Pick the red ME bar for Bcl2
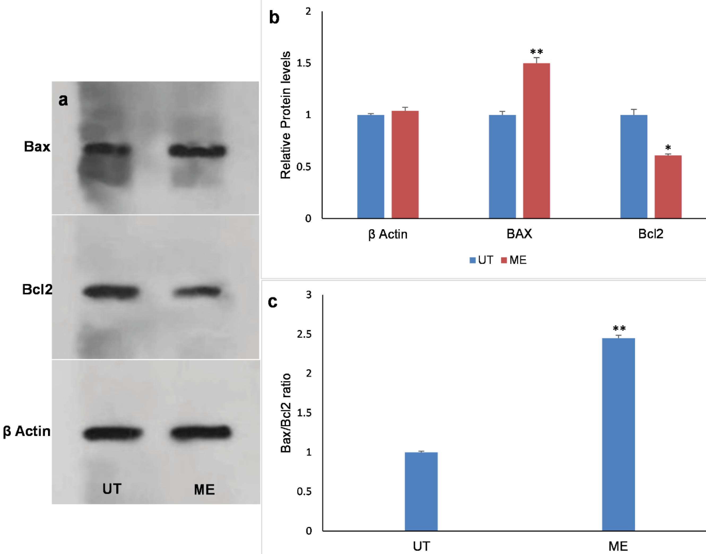click(x=668, y=187)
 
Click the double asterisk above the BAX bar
click(x=536, y=52)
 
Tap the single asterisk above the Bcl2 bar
click(x=668, y=148)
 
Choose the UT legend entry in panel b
click(x=482, y=260)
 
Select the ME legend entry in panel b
click(x=514, y=260)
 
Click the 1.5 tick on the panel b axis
click(x=304, y=63)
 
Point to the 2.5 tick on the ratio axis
click(x=304, y=334)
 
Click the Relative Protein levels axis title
click(x=286, y=115)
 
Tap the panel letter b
click(x=274, y=18)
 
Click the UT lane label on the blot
click(x=112, y=489)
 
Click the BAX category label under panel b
click(x=519, y=234)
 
